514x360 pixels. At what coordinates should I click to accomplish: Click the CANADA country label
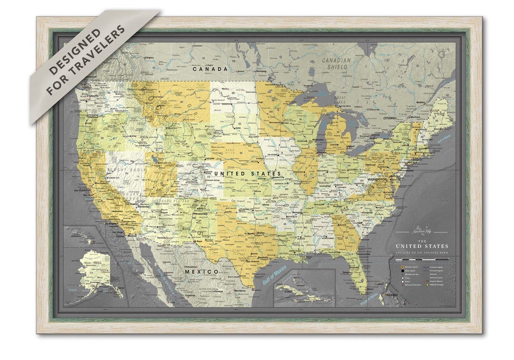pyautogui.click(x=210, y=69)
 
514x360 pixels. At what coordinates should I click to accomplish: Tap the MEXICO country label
pyautogui.click(x=202, y=271)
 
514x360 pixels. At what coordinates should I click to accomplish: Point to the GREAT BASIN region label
pyautogui.click(x=119, y=169)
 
